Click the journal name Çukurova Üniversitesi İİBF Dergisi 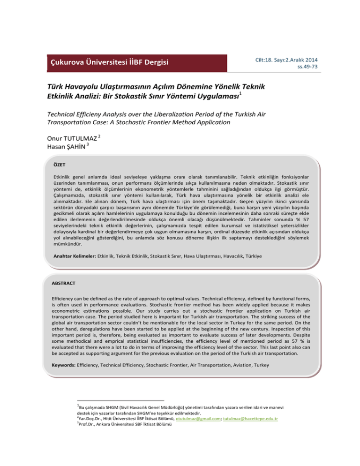pyautogui.click(x=110, y=62)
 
